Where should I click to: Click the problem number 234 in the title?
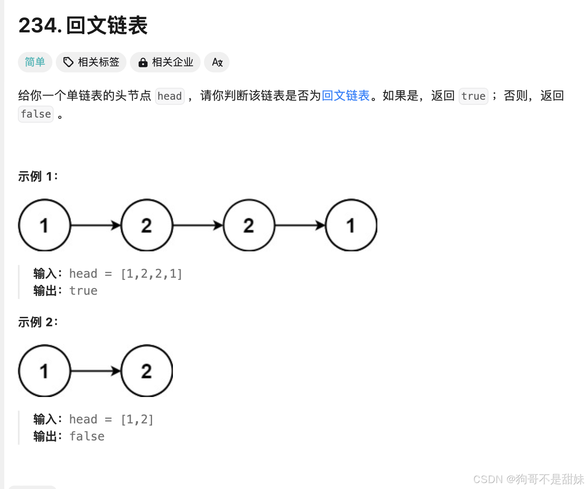pyautogui.click(x=37, y=26)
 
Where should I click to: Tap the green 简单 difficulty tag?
pyautogui.click(x=35, y=62)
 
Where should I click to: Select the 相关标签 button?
pyautogui.click(x=91, y=62)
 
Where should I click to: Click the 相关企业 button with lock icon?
pyautogui.click(x=165, y=62)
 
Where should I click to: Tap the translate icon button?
pyautogui.click(x=217, y=62)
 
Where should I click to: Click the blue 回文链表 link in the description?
pyautogui.click(x=345, y=95)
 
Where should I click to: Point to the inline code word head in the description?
pyautogui.click(x=169, y=96)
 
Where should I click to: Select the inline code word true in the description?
pyautogui.click(x=473, y=96)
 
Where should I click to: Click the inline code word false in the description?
pyautogui.click(x=36, y=114)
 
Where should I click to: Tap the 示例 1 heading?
pyautogui.click(x=38, y=176)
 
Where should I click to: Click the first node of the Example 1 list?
pyautogui.click(x=44, y=225)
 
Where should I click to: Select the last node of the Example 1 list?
pyautogui.click(x=351, y=225)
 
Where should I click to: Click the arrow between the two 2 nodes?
pyautogui.click(x=198, y=225)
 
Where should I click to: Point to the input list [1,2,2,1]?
pyautogui.click(x=152, y=273)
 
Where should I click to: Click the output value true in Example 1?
pyautogui.click(x=83, y=291)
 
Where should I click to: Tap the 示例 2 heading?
pyautogui.click(x=38, y=322)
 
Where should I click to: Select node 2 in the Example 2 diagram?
pyautogui.click(x=146, y=371)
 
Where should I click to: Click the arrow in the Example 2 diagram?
pyautogui.click(x=96, y=371)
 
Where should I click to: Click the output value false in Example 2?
pyautogui.click(x=87, y=436)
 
